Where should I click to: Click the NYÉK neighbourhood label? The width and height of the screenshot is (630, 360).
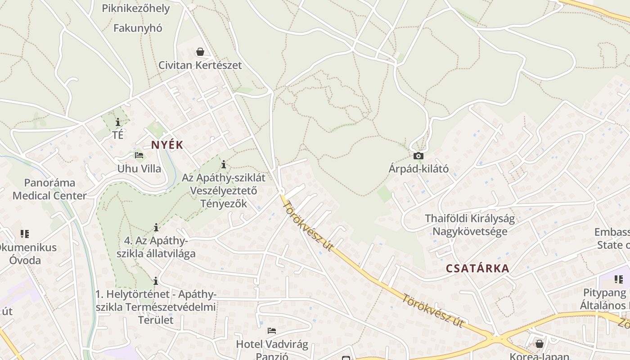click(x=167, y=145)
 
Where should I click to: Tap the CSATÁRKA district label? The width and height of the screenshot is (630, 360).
click(x=477, y=269)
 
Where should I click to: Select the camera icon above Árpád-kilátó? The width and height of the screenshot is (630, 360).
click(x=418, y=156)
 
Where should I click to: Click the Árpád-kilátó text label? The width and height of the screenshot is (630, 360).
click(x=418, y=169)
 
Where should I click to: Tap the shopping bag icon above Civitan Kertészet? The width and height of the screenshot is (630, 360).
click(x=200, y=52)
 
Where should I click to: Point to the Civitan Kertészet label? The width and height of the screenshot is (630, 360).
click(x=200, y=65)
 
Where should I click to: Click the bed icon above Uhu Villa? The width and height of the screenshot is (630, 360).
click(x=139, y=156)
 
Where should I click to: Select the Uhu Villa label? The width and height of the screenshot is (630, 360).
click(x=139, y=169)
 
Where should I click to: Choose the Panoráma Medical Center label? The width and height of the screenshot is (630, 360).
click(x=49, y=189)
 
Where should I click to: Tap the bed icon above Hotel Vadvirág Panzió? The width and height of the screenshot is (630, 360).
click(x=272, y=331)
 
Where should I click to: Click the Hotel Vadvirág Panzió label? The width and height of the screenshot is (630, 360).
click(x=272, y=351)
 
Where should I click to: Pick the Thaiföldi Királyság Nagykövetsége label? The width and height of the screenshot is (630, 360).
click(x=470, y=225)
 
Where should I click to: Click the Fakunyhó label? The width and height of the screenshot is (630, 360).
click(x=138, y=28)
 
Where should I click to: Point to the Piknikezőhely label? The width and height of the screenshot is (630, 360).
click(x=136, y=9)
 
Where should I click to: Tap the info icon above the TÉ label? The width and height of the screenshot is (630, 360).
click(x=118, y=122)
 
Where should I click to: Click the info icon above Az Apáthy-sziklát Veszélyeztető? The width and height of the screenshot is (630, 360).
click(x=224, y=164)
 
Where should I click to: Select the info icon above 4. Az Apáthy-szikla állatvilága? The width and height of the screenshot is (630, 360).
click(x=156, y=227)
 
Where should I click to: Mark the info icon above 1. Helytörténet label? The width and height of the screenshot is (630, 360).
click(x=156, y=281)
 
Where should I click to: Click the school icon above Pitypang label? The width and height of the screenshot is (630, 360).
click(x=619, y=279)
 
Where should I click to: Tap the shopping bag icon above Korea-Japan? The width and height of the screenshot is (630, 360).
click(x=539, y=344)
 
